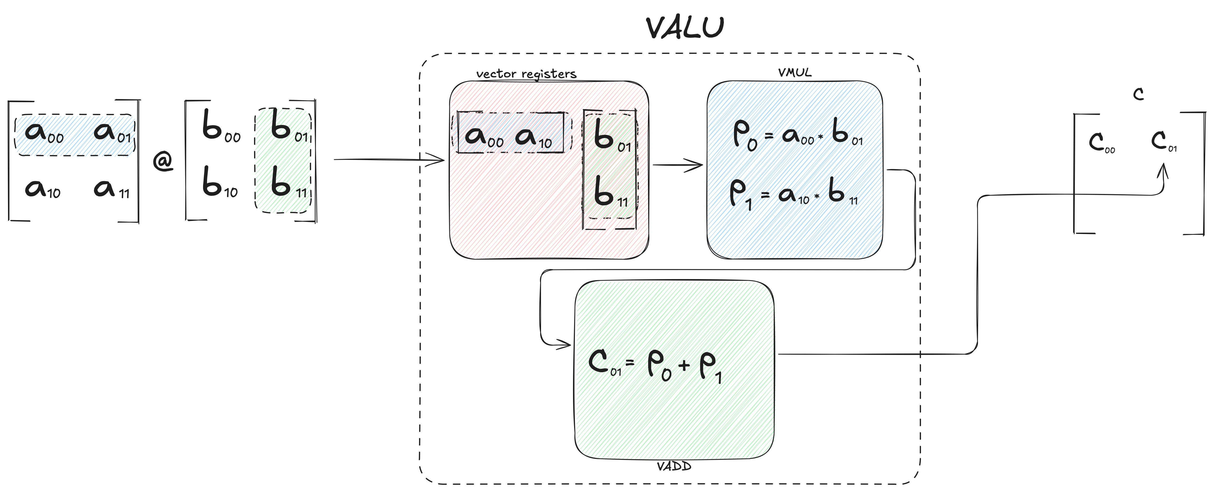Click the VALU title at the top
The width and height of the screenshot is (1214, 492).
coord(685,28)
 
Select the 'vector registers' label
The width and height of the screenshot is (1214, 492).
coord(526,74)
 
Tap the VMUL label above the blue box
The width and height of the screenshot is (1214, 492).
coord(794,72)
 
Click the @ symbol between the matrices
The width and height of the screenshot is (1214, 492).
coord(163,162)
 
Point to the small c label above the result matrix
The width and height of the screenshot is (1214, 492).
coord(1139,95)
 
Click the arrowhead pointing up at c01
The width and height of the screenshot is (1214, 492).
coord(1164,171)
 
